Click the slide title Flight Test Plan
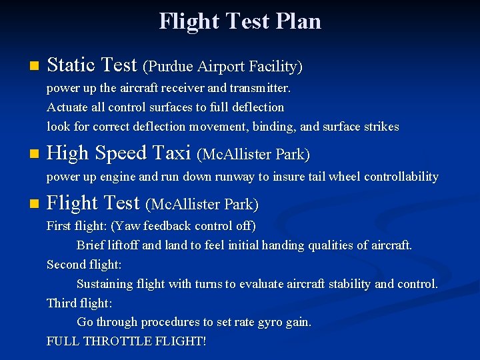click(x=240, y=21)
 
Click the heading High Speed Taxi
click(x=119, y=153)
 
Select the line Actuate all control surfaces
click(x=165, y=107)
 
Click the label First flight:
click(x=73, y=226)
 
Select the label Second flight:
click(x=84, y=265)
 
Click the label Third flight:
click(x=79, y=303)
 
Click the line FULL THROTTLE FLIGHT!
click(x=127, y=341)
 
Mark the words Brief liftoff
click(x=107, y=245)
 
